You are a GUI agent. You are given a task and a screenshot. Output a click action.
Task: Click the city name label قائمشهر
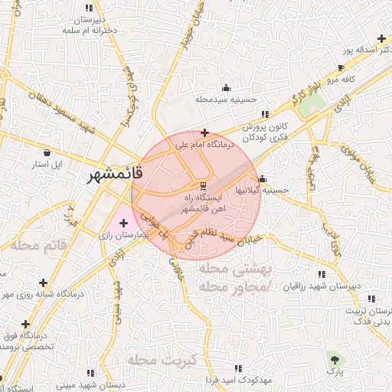(x=112, y=175)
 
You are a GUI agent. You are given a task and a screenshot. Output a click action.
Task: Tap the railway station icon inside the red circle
(x=202, y=185)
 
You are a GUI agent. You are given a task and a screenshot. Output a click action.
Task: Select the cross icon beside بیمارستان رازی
(x=124, y=223)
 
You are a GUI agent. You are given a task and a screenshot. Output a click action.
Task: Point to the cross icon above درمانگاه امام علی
(x=204, y=132)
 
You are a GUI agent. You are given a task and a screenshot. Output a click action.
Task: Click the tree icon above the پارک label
(x=334, y=358)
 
